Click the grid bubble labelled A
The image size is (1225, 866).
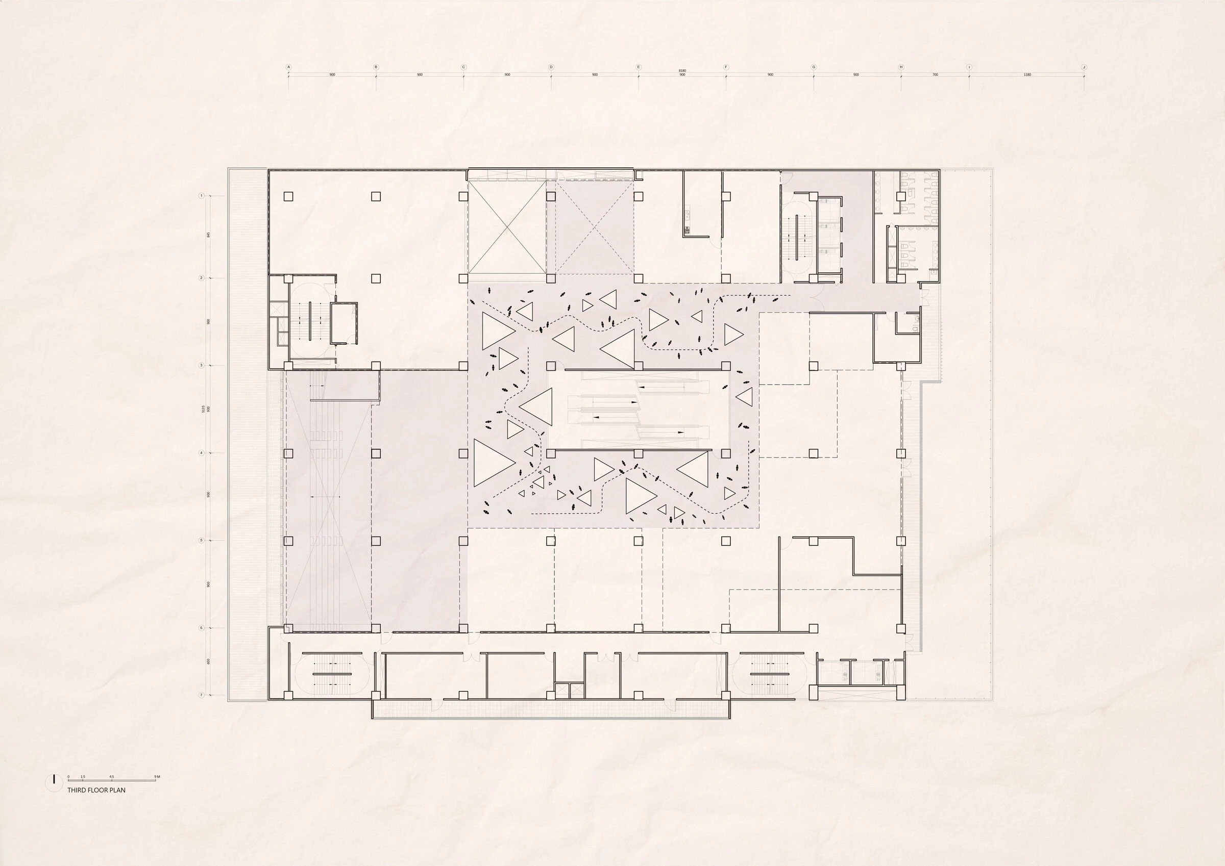(x=289, y=67)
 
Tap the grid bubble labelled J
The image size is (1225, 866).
(x=1084, y=67)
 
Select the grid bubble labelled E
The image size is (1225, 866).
(x=639, y=67)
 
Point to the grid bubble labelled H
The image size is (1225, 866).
(x=901, y=67)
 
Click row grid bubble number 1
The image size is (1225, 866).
(x=202, y=196)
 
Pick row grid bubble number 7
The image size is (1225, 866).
(x=202, y=695)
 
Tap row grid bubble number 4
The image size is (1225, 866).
(x=202, y=453)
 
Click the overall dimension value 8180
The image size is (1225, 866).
(x=682, y=70)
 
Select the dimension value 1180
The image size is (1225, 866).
(x=1027, y=74)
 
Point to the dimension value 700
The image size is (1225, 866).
(x=935, y=74)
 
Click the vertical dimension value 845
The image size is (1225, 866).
(x=209, y=235)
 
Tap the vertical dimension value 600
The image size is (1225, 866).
(x=209, y=661)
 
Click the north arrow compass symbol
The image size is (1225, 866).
(x=54, y=781)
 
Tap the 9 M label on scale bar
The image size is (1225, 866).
(x=157, y=776)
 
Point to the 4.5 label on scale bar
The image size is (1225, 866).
(x=111, y=776)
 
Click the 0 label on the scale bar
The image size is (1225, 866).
(x=68, y=776)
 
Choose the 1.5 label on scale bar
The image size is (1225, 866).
(x=83, y=776)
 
